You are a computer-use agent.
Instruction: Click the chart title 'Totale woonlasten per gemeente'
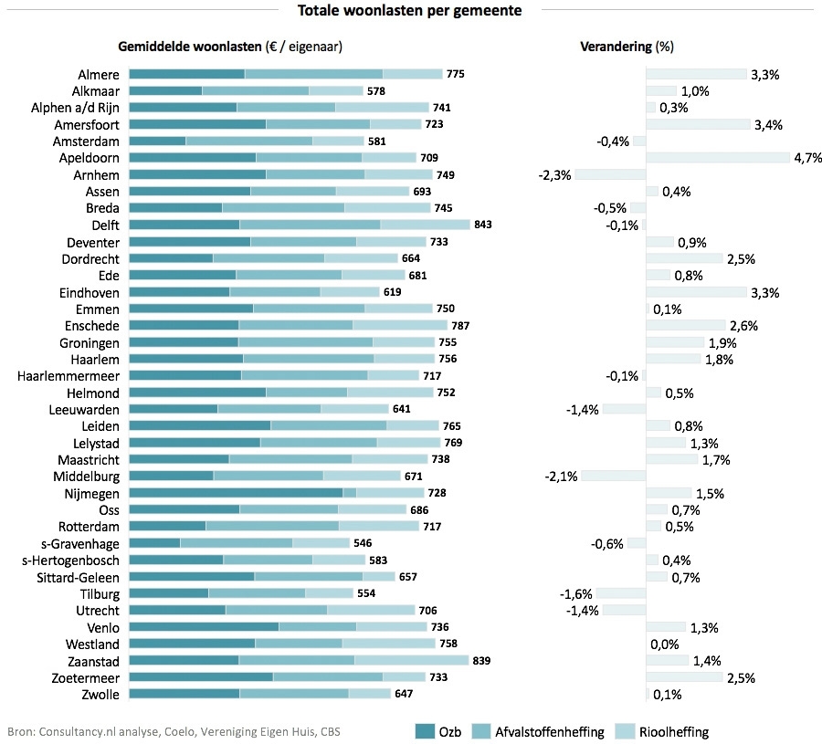pyautogui.click(x=410, y=11)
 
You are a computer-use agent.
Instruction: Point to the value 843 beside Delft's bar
pyautogui.click(x=484, y=225)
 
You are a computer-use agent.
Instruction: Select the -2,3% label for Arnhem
pyautogui.click(x=554, y=174)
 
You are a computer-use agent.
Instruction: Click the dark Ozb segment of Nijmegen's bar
pyautogui.click(x=236, y=493)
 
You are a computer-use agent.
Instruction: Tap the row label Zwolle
pyautogui.click(x=102, y=695)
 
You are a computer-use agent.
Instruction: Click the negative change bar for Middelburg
pyautogui.click(x=613, y=477)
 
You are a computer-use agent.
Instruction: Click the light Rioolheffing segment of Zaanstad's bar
pyautogui.click(x=411, y=661)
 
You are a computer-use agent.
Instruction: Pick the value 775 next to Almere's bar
pyautogui.click(x=456, y=74)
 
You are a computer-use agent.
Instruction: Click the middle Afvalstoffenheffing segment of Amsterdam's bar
pyautogui.click(x=248, y=141)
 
